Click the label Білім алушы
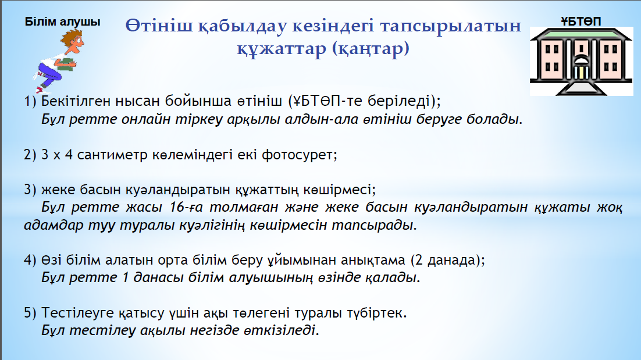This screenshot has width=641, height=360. point(63,22)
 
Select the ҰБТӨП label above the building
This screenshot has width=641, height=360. point(581,22)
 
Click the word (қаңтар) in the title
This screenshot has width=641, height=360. point(371,49)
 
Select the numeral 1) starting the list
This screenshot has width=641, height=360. point(30,101)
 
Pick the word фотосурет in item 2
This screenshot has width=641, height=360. point(299,155)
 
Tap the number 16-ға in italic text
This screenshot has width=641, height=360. point(186,207)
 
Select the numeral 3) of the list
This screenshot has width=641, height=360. point(30,190)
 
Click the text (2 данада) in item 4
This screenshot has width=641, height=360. point(448,260)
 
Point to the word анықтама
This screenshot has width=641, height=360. point(373,261)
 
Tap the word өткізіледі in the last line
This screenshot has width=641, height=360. point(282,330)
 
